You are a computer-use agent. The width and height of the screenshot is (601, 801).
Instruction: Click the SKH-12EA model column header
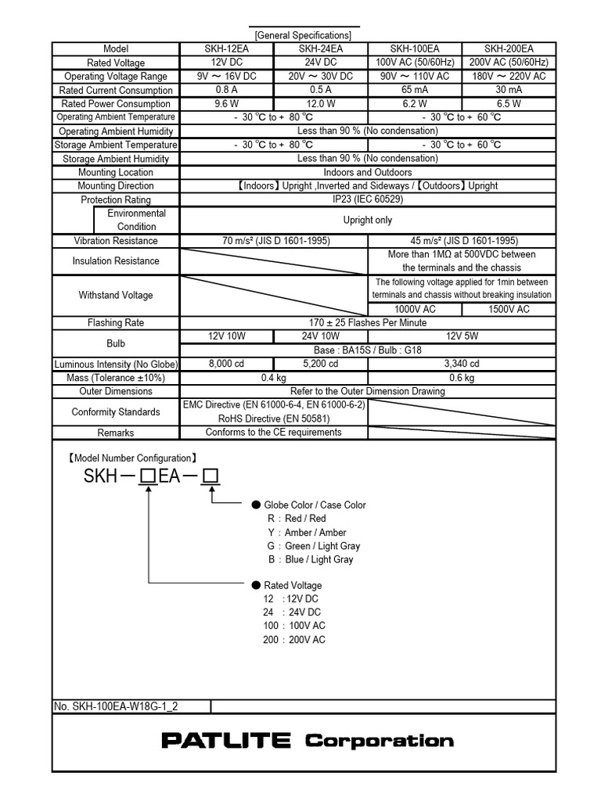click(227, 48)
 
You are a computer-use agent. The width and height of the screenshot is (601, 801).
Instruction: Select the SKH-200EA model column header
click(509, 48)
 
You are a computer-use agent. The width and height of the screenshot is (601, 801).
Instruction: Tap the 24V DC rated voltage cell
click(321, 63)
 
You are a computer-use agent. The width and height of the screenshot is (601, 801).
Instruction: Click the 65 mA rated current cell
click(416, 90)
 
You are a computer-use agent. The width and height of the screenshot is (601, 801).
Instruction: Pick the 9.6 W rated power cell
click(227, 103)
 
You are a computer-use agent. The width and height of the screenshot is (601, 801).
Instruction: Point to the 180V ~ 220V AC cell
click(509, 76)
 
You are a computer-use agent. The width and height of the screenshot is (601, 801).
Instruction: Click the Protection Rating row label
click(116, 199)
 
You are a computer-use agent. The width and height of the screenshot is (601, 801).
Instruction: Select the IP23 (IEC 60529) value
click(368, 199)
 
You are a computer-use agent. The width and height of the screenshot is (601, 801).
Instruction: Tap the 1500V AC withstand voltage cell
click(509, 309)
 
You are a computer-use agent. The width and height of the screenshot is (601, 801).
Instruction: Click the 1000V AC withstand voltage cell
click(416, 309)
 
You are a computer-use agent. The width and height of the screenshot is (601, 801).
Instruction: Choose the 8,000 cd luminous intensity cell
click(227, 364)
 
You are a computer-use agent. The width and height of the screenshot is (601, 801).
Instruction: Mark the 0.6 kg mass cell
click(462, 378)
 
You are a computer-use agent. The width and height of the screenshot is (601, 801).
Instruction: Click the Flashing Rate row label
click(116, 322)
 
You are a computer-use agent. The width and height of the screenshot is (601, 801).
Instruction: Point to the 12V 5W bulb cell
click(462, 336)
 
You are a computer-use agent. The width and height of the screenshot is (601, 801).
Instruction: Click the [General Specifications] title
click(303, 35)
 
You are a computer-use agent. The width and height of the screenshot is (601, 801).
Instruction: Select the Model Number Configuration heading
click(132, 458)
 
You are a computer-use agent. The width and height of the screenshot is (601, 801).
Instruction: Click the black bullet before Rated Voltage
click(255, 585)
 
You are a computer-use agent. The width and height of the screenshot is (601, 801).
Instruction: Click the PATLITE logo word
click(226, 741)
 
